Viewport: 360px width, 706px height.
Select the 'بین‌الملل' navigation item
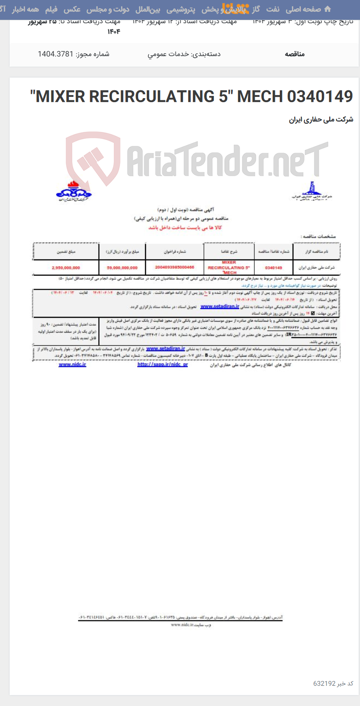click(x=148, y=9)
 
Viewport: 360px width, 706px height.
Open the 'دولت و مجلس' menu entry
click(x=107, y=9)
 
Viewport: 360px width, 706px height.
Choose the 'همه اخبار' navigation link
click(x=25, y=9)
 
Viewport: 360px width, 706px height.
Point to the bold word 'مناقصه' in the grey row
click(x=295, y=54)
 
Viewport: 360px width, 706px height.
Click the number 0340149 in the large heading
click(x=320, y=96)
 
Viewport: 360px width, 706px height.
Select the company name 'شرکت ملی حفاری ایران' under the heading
click(x=321, y=119)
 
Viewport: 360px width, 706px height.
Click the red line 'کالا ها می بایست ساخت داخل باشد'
click(x=185, y=227)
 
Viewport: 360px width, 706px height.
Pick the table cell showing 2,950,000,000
click(x=66, y=267)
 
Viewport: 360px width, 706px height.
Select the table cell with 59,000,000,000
click(x=122, y=267)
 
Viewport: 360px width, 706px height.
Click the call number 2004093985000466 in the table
click(x=175, y=267)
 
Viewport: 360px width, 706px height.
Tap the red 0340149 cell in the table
click(x=273, y=267)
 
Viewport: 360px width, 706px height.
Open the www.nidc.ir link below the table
click(x=72, y=364)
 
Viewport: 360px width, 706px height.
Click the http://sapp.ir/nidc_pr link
click(x=162, y=364)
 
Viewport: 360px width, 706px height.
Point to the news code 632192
click(x=324, y=683)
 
